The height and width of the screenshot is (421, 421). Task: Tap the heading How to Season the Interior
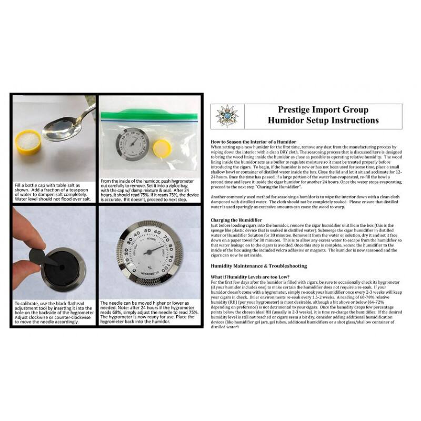click(x=253, y=142)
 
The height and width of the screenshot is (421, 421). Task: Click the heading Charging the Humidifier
click(x=239, y=219)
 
